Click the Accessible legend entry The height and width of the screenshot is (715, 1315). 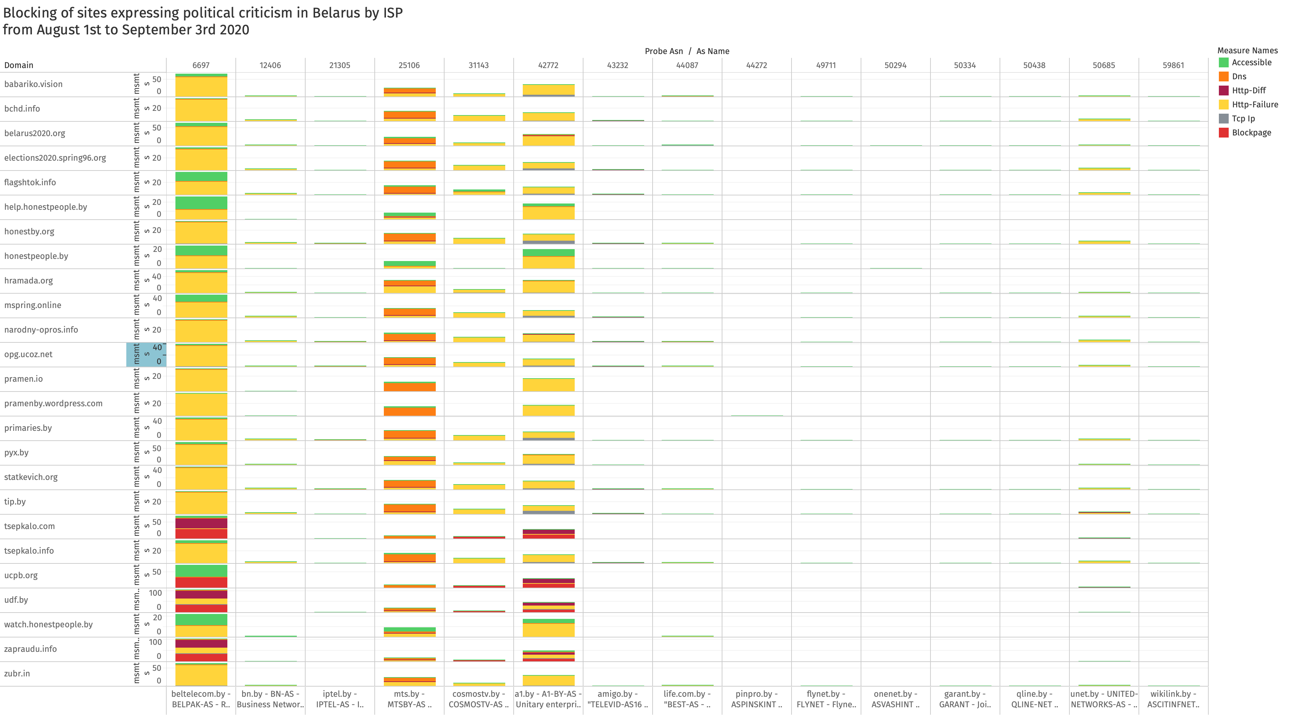point(1251,62)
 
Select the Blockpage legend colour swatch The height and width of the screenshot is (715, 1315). point(1224,133)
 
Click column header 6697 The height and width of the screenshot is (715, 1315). point(201,65)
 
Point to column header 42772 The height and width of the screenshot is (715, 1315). point(548,65)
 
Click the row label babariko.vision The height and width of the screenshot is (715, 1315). point(33,84)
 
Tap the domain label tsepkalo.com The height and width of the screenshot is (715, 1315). point(29,526)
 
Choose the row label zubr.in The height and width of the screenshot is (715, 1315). point(17,674)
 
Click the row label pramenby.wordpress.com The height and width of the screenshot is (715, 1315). point(53,403)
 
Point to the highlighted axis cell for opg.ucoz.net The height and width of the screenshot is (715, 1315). point(146,354)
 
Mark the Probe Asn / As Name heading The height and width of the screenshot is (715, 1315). point(687,51)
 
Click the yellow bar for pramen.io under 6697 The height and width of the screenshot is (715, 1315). point(201,380)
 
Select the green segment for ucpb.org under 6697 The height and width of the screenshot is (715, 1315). point(201,570)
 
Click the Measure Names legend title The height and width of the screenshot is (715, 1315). point(1247,51)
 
